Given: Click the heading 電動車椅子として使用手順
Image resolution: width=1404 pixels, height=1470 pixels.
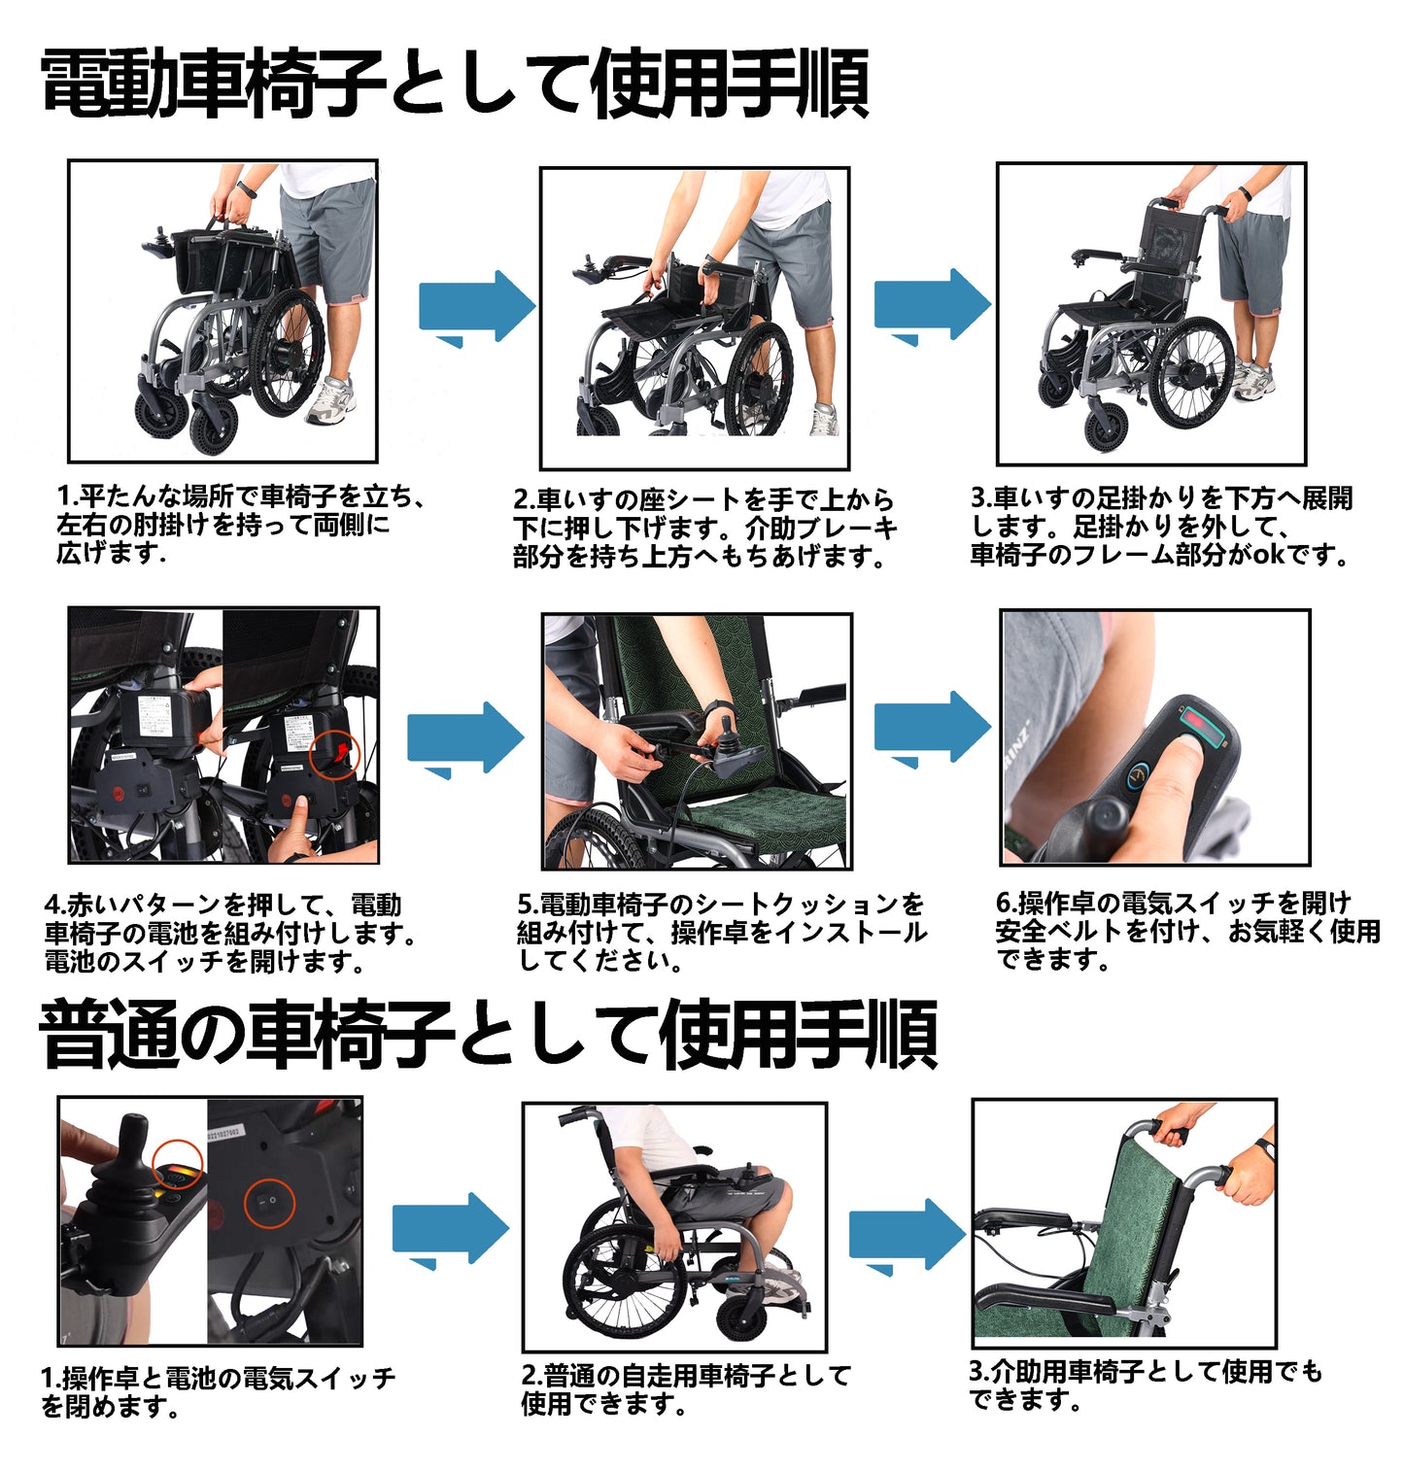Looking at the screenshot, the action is coord(455,85).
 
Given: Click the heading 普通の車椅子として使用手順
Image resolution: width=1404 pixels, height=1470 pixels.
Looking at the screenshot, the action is coord(489,1035).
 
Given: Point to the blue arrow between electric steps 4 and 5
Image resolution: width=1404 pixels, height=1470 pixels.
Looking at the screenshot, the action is coord(464,739).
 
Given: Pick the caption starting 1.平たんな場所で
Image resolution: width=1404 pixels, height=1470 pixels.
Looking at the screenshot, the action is coord(241,525).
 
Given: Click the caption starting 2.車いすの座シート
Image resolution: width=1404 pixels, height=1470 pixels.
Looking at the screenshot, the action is coord(704,528).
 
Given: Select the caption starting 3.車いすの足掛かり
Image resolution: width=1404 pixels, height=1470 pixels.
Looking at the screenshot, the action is coord(1161,526).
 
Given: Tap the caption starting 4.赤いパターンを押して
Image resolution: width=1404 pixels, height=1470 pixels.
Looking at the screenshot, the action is coord(230,934).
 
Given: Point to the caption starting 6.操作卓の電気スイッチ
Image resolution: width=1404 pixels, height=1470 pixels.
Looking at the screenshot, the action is coord(1187,931).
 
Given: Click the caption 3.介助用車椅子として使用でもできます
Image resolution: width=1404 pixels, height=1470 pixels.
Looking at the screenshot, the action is coord(1146,1385).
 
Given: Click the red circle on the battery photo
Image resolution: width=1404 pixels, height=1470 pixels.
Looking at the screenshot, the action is coord(334,753).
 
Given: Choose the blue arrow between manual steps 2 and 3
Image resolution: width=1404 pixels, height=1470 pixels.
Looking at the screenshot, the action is coord(907,1235).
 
